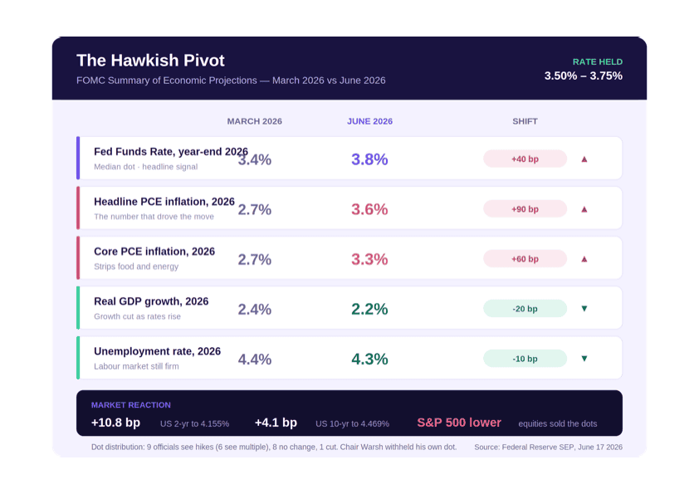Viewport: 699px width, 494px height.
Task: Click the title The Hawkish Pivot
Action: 150,60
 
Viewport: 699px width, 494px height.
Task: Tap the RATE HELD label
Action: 598,62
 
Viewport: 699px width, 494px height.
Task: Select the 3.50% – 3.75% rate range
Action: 583,76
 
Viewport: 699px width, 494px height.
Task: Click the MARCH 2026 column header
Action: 255,121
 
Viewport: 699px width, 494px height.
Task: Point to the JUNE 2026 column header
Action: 369,121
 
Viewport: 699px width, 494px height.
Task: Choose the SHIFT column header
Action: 525,121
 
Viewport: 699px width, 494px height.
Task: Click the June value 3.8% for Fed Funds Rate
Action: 369,159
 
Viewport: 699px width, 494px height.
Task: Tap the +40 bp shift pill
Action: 525,159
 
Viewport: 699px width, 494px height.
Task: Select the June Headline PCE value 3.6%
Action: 369,209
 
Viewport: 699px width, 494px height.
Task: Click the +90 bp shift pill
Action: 525,208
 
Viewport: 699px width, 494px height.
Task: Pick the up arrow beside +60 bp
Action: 584,259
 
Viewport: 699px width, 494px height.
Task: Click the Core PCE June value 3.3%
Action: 369,259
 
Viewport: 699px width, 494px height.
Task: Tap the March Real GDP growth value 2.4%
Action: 255,309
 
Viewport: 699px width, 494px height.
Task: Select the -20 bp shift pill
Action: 525,309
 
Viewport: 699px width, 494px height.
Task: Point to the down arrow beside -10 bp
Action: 584,359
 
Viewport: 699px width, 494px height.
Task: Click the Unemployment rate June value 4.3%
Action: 369,359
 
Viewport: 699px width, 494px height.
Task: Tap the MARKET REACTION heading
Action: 130,405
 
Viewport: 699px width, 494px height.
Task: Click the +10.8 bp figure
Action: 115,423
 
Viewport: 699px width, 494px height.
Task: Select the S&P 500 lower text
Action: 459,423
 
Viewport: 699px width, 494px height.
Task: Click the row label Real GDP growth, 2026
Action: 151,301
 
